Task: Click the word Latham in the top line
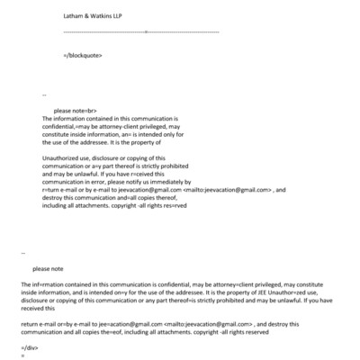(75, 16)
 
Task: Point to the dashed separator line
(141, 31)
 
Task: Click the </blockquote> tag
(83, 55)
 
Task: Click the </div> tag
(29, 346)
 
